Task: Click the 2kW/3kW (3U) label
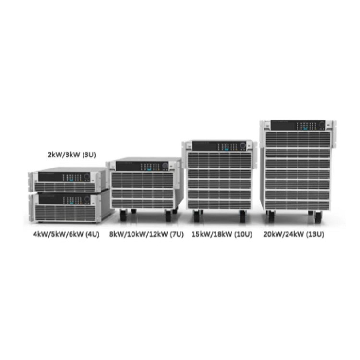pos(72,155)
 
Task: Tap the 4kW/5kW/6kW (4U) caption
pos(66,234)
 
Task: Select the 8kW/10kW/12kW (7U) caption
pos(146,234)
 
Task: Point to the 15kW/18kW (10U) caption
pos(222,234)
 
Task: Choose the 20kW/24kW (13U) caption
pos(294,234)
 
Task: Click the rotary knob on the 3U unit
pos(87,177)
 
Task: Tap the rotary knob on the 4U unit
pos(87,199)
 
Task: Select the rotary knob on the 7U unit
pos(165,166)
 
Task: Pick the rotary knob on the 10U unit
pos(242,145)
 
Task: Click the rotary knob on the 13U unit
pos(322,125)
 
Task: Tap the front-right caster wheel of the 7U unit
pos(168,216)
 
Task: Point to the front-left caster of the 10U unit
pos(197,216)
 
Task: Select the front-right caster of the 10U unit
pos(243,216)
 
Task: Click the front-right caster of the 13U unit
pos(318,217)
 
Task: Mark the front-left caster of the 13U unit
pos(271,216)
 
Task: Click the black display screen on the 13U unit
pos(283,125)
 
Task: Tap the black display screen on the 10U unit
pos(204,146)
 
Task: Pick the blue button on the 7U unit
pos(149,170)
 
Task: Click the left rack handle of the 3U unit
pos(32,182)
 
